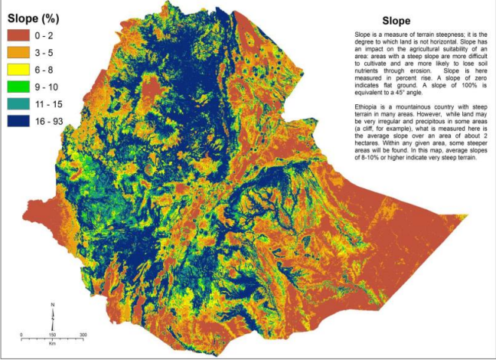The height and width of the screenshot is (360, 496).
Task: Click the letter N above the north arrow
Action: pyautogui.click(x=53, y=306)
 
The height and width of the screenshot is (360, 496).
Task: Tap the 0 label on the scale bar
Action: pyautogui.click(x=21, y=335)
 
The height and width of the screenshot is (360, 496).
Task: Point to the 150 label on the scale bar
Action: pyautogui.click(x=53, y=335)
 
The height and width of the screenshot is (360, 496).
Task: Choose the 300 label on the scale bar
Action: pyautogui.click(x=83, y=335)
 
